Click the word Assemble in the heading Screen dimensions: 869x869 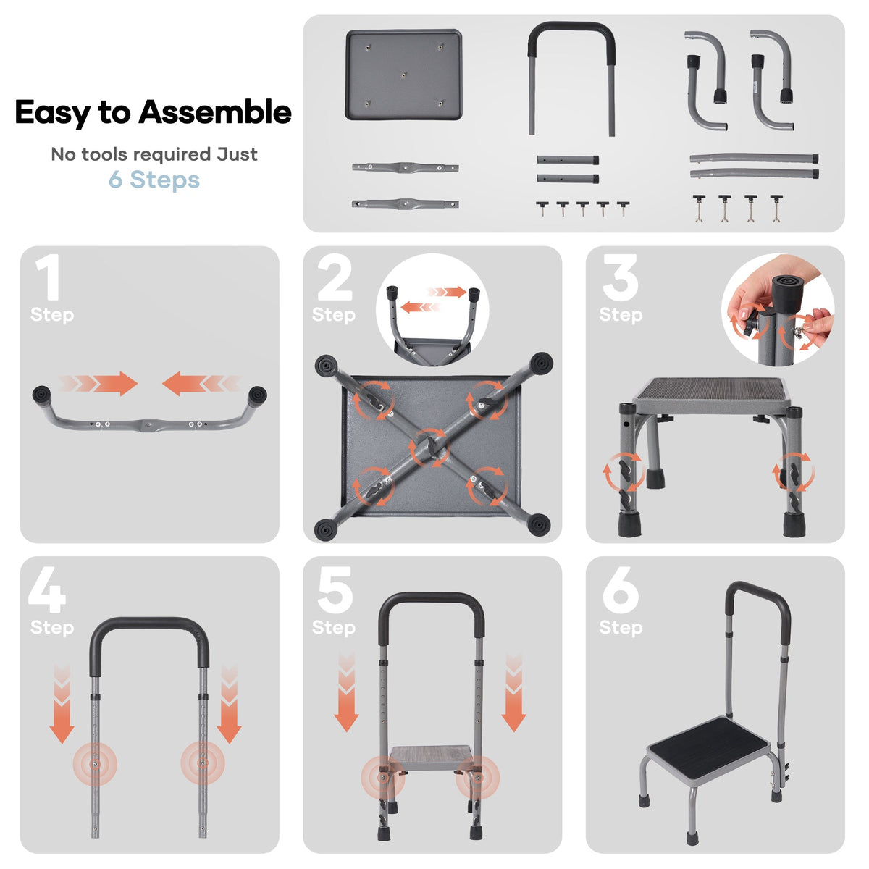coord(214,112)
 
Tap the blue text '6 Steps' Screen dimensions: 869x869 coord(154,180)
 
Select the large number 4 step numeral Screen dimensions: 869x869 coord(47,589)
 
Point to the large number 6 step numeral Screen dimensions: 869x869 coord(621,589)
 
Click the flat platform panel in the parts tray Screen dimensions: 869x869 coord(403,75)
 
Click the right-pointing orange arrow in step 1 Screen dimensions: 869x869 coord(98,384)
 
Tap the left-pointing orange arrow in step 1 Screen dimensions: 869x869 coord(201,384)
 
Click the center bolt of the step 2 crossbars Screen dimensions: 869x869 coord(429,447)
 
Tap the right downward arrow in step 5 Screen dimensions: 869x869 coord(513,692)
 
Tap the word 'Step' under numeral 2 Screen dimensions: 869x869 coord(334,315)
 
